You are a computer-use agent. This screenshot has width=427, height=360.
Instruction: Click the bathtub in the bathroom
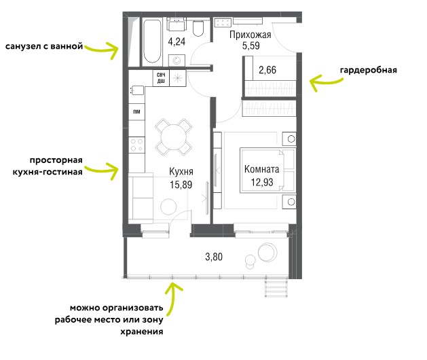pyautogui.click(x=152, y=41)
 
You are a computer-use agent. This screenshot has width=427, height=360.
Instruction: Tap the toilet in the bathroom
pyautogui.click(x=198, y=29)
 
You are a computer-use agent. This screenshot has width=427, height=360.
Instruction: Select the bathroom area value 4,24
pyautogui.click(x=177, y=41)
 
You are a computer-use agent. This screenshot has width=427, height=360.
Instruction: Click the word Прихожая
pyautogui.click(x=250, y=35)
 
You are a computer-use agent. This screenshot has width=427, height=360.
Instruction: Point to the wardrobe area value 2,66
pyautogui.click(x=267, y=70)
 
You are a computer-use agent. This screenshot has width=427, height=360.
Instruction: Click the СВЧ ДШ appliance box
pyautogui.click(x=161, y=78)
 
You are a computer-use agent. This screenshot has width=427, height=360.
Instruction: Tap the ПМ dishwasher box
pyautogui.click(x=136, y=111)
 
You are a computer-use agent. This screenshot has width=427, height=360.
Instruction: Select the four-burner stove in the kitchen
pyautogui.click(x=136, y=145)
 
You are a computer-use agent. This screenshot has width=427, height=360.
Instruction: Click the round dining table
pyautogui.click(x=174, y=137)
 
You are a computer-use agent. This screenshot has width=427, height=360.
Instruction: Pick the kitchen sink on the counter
pyautogui.click(x=137, y=90)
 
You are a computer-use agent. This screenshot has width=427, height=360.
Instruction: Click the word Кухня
pyautogui.click(x=181, y=171)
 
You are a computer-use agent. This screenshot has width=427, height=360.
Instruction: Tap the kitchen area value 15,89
pyautogui.click(x=181, y=185)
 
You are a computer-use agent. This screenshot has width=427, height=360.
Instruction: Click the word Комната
pyautogui.click(x=262, y=169)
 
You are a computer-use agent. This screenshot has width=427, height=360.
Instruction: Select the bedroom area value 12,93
pyautogui.click(x=262, y=182)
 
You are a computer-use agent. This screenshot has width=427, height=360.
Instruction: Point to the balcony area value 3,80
pyautogui.click(x=214, y=257)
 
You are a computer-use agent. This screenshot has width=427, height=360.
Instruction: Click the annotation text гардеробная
pyautogui.click(x=369, y=70)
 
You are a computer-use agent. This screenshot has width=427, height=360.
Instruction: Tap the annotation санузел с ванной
pyautogui.click(x=44, y=46)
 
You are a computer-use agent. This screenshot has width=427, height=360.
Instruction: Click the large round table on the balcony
pyautogui.click(x=267, y=252)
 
